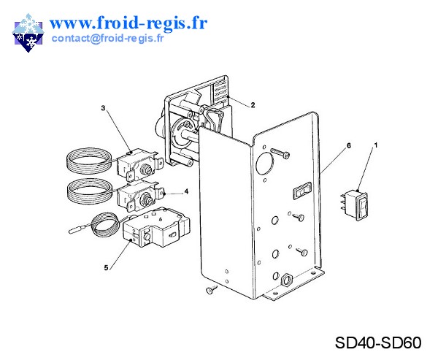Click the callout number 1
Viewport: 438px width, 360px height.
click(x=376, y=146)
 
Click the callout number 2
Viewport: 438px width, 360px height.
click(x=253, y=105)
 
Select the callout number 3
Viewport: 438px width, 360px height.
click(x=103, y=108)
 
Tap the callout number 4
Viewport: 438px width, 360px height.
click(x=186, y=193)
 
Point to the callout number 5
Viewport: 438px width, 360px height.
click(x=107, y=268)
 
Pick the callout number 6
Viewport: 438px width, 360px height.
click(x=348, y=146)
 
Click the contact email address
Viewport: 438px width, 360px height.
click(x=107, y=39)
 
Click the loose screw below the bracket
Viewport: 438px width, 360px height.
click(x=210, y=291)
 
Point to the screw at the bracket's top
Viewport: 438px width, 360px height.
click(x=282, y=153)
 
